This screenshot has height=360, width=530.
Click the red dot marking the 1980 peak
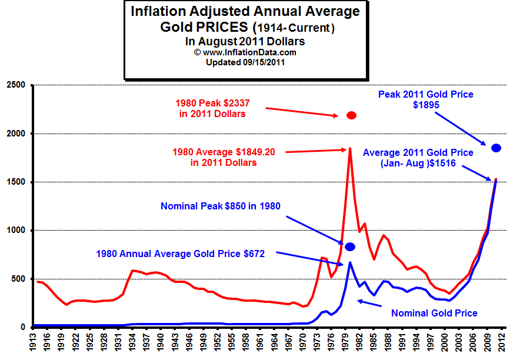pos(351,115)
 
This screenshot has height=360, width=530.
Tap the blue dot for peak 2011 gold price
pos(496,148)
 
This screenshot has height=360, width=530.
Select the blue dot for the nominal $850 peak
pos(350,246)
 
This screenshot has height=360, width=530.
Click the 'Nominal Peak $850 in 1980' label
pos(221,206)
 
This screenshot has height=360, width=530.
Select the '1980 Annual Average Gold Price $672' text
pos(181,254)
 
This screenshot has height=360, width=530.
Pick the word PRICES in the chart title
pos(217,27)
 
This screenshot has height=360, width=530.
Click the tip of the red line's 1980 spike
pos(350,148)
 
